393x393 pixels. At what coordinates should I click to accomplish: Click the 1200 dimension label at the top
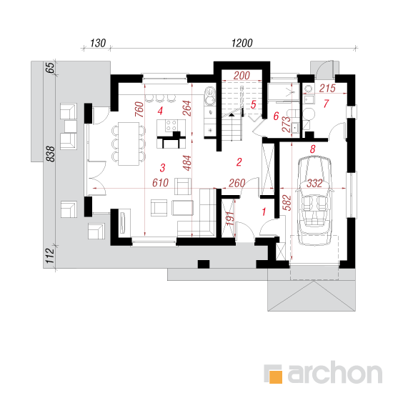point(242,43)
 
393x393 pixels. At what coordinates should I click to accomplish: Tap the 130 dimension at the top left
point(98,43)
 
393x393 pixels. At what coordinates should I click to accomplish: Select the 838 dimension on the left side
point(51,154)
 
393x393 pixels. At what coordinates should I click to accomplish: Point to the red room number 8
point(312,149)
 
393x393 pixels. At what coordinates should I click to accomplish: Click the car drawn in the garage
point(314,201)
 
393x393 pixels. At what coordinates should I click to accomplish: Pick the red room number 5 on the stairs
point(254,104)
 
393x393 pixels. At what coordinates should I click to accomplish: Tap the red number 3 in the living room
point(162,168)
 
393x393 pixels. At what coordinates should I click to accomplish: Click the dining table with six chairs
point(129,144)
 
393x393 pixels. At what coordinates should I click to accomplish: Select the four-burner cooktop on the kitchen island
point(171,125)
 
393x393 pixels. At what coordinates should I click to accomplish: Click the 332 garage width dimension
point(314,184)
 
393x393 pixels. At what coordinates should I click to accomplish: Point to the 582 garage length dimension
point(288,203)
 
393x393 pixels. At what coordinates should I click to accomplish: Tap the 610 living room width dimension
point(160,183)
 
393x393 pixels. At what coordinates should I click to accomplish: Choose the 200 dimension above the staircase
point(242,76)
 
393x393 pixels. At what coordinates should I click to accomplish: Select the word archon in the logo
point(334,373)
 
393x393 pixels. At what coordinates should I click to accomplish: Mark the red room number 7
point(326,104)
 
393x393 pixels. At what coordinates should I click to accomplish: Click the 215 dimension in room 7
point(327,88)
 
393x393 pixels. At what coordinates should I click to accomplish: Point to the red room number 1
point(264,212)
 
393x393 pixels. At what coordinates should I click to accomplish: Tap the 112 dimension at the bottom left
point(51,256)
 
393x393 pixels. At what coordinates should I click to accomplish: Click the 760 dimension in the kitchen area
point(139,109)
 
